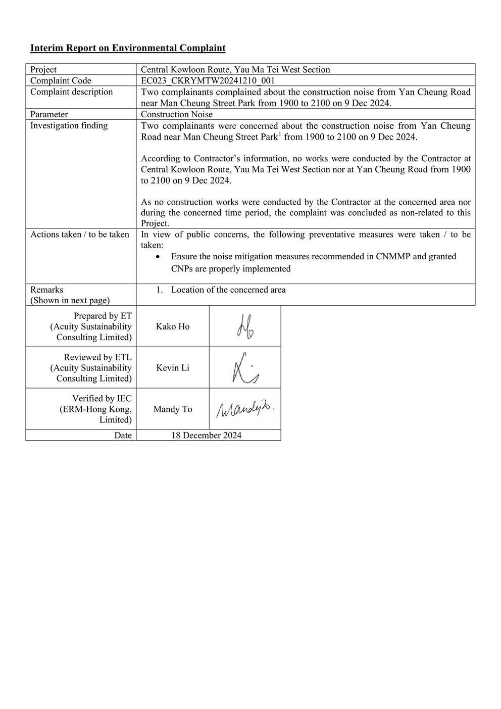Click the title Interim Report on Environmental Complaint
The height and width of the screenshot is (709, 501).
128,48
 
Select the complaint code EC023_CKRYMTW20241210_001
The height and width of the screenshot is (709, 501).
208,81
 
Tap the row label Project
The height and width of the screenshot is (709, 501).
43,70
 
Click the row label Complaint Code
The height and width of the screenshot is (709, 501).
61,81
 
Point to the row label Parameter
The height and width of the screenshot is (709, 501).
49,114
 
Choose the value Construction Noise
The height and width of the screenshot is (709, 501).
177,114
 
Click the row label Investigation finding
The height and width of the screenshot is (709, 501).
69,125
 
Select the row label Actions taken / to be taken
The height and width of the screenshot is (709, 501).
80,234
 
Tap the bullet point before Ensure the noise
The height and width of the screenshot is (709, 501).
159,257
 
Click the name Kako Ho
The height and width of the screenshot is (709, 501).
173,326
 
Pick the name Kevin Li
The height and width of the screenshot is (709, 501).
173,368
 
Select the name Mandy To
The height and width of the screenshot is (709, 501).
173,409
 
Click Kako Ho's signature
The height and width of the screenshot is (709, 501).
245,326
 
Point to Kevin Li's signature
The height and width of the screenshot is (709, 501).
245,368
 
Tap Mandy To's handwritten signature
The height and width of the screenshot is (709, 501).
245,409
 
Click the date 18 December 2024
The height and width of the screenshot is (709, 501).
206,435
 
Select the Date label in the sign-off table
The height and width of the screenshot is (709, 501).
123,435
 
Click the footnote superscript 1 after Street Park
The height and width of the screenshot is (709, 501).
280,134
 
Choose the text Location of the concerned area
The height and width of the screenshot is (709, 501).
228,290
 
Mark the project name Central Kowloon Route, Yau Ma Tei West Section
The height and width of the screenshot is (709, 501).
235,70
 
